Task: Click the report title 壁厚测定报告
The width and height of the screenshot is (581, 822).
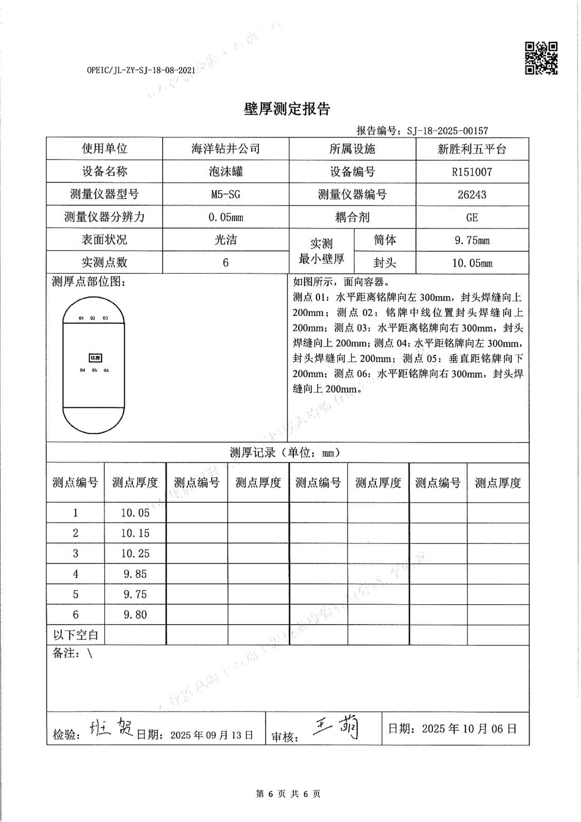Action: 287,109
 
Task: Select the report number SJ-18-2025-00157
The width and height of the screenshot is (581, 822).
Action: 447,131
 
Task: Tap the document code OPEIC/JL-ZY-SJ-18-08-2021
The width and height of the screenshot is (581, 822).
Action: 141,70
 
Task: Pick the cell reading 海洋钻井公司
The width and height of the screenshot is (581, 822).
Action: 226,149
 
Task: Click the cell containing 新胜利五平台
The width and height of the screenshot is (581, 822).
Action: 472,149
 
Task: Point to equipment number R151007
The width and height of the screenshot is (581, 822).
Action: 472,172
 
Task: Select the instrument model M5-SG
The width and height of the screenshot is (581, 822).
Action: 226,195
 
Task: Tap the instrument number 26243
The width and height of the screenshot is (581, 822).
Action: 472,195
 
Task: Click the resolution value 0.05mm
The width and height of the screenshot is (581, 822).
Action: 226,217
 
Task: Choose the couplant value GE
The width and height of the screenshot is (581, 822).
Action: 472,217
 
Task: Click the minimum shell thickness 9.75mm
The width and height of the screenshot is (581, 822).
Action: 472,240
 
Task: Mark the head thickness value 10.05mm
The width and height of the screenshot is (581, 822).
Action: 472,263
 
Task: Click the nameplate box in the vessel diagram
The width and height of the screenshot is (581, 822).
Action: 95,357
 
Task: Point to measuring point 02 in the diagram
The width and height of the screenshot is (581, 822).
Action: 93,318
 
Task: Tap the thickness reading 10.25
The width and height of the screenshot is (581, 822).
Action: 135,553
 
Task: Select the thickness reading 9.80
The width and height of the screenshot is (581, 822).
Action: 135,614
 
